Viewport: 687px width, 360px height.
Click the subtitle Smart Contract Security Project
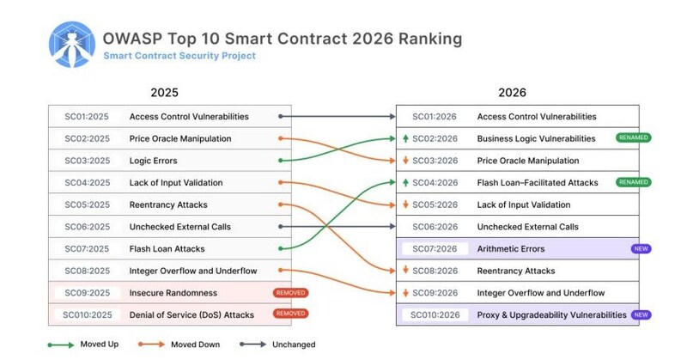[x=179, y=57]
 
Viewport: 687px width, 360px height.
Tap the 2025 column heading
[x=164, y=93]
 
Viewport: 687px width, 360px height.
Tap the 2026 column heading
[x=512, y=93]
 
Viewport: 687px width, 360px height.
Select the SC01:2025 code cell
[x=87, y=117]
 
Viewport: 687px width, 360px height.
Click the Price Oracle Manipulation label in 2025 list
[x=179, y=139]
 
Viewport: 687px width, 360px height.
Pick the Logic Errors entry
[x=154, y=161]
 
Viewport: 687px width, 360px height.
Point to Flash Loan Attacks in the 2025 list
[x=167, y=249]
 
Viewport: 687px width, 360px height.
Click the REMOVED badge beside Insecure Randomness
[x=290, y=293]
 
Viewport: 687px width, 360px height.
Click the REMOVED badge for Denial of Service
[x=290, y=314]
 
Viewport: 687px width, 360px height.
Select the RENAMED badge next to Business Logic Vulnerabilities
[x=633, y=138]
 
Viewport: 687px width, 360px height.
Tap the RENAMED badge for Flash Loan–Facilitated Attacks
[x=633, y=182]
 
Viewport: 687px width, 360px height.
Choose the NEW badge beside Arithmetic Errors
[x=641, y=249]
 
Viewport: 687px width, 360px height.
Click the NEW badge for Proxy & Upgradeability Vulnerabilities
[x=641, y=315]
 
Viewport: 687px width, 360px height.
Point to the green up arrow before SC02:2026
[x=404, y=139]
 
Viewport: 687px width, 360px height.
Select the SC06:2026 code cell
[x=435, y=227]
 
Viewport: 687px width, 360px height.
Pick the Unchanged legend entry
[x=270, y=345]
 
